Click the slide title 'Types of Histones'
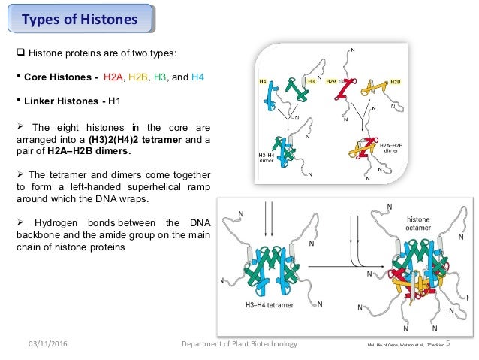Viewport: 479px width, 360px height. pyautogui.click(x=80, y=19)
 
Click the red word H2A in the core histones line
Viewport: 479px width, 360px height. pyautogui.click(x=113, y=77)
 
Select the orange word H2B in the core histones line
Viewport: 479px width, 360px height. pyautogui.click(x=139, y=77)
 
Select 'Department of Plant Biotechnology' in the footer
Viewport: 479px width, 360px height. pyautogui.click(x=240, y=344)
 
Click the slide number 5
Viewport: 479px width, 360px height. pyautogui.click(x=448, y=344)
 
